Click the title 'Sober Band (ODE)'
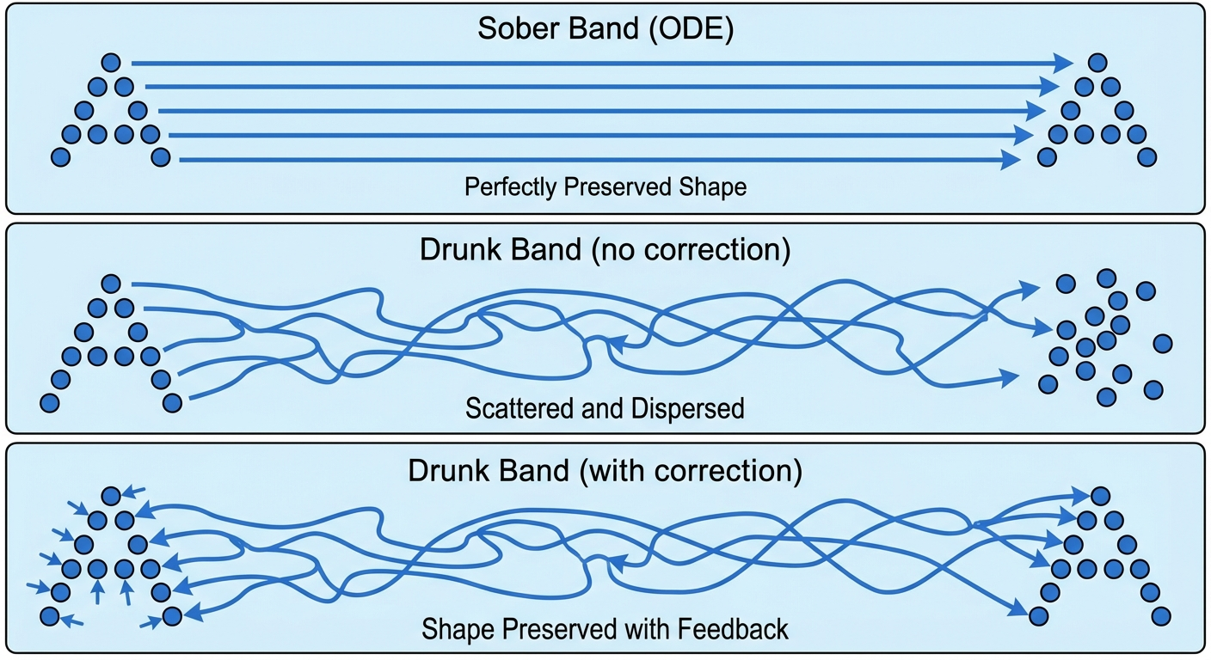pos(605,28)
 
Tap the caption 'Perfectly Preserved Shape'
pos(605,186)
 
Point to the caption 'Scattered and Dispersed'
pos(605,408)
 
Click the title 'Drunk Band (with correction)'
pos(605,471)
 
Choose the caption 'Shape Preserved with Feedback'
pos(605,629)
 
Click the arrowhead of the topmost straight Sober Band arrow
pos(1065,63)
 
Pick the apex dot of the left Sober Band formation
pos(110,62)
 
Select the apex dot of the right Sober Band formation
pos(1097,62)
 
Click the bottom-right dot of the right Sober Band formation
pos(1146,156)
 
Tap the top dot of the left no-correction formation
pos(110,283)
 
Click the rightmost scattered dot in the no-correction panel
pos(1162,343)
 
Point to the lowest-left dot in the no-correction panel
pos(48,402)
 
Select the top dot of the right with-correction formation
pos(1100,496)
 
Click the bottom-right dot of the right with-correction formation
pos(1161,615)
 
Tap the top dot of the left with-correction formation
pos(110,496)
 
